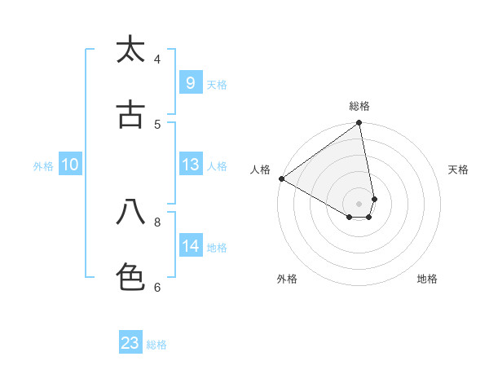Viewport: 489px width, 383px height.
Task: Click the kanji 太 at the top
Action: click(130, 50)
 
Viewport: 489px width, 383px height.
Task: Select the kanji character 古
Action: click(130, 115)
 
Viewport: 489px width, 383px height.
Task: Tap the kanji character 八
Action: click(130, 213)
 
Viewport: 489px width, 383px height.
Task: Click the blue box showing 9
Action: click(190, 83)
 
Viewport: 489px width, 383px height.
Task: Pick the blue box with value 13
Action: click(190, 165)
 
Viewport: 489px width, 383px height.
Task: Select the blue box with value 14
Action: click(190, 246)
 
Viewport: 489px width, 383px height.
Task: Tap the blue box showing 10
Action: click(70, 165)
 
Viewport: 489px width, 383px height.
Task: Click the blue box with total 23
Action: click(130, 343)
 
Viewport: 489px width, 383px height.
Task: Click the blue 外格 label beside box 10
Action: click(43, 166)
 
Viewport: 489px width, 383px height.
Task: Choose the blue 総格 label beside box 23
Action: click(157, 345)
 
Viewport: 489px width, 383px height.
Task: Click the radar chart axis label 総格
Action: click(359, 106)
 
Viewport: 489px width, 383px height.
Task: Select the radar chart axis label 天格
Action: click(459, 169)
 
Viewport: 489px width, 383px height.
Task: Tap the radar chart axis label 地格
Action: click(427, 279)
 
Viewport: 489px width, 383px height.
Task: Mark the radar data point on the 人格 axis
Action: click(281, 178)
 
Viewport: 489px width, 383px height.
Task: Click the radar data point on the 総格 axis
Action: click(359, 124)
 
